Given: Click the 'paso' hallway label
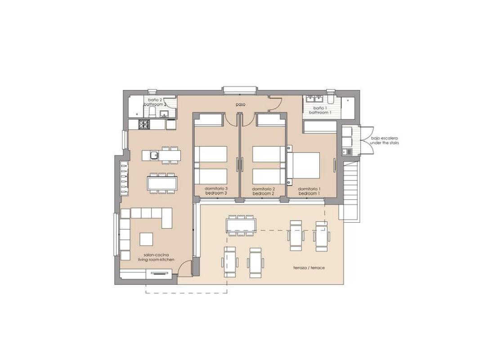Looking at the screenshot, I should coord(241,104).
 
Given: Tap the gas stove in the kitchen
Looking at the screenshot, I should coord(144,124).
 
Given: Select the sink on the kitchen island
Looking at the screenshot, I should coord(153,155).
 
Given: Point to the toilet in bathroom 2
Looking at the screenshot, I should coord(152,113).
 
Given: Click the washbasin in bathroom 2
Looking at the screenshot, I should coord(165,113).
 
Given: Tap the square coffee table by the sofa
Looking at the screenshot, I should coord(146,238).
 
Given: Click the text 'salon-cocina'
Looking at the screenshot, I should coord(153,255).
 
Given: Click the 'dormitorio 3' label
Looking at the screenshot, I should coord(216,189).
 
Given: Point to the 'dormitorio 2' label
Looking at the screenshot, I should coord(264,189).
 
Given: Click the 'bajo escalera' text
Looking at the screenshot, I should coord(384,138).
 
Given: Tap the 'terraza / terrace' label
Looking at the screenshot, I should coord(309,268).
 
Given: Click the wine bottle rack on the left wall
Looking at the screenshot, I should coord(124,177).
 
